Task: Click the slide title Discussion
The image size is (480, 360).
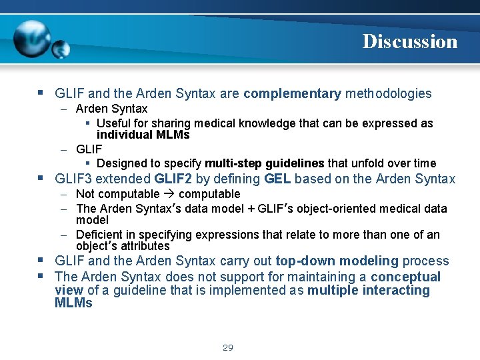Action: pyautogui.click(x=409, y=41)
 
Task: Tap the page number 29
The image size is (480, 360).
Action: pyautogui.click(x=227, y=347)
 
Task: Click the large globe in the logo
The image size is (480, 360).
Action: pyautogui.click(x=31, y=39)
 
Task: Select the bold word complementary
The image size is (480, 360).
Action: pyautogui.click(x=292, y=94)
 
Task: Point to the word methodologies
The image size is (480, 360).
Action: pyautogui.click(x=388, y=94)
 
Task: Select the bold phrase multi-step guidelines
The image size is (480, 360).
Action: pyautogui.click(x=264, y=163)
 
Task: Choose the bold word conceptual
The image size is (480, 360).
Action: pyautogui.click(x=405, y=277)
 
